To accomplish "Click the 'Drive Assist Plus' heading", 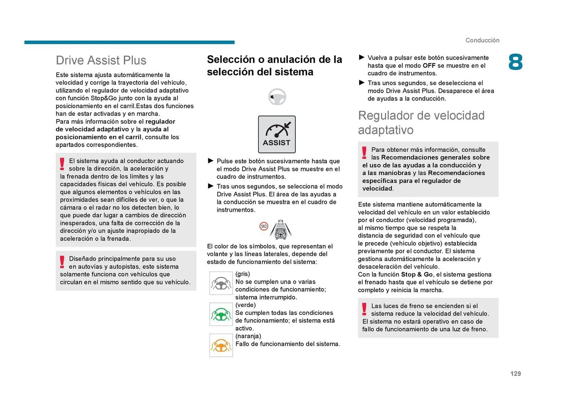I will [101, 60].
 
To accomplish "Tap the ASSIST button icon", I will [277, 134].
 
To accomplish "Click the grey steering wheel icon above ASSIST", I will [277, 97].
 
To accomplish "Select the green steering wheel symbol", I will [221, 314].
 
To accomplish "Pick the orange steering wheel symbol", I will [221, 345].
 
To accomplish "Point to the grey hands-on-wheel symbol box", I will [221, 283].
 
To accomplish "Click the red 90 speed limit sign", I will [264, 226].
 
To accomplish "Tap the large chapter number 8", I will [515, 62].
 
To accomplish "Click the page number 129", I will [515, 373].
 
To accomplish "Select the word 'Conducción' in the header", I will [482, 40].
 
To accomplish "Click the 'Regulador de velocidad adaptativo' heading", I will [421, 123].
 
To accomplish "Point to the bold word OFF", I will [429, 66].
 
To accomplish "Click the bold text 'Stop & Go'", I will [417, 274].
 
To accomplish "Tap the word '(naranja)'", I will [248, 336].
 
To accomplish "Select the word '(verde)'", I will [245, 305].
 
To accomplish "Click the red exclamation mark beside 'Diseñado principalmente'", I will [62, 261].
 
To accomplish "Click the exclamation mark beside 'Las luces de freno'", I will [364, 309].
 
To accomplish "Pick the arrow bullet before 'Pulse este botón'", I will [210, 161].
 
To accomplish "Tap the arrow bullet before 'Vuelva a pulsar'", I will [362, 57].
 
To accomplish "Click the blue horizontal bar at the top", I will [129, 43].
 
